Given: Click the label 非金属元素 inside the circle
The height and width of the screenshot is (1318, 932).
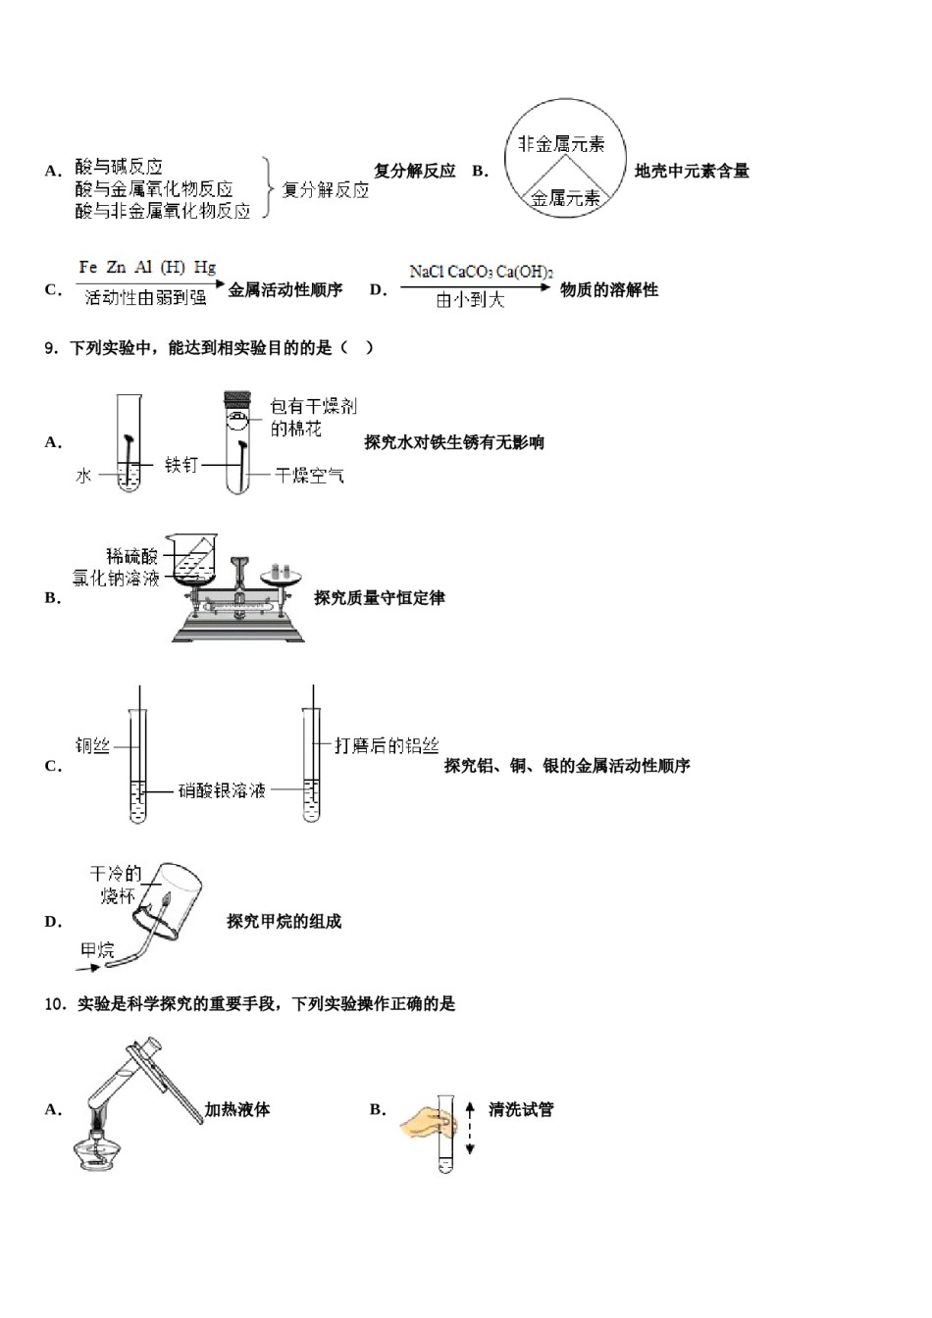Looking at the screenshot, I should pyautogui.click(x=561, y=144).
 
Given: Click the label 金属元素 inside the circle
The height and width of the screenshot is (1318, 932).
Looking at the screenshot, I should pyautogui.click(x=565, y=199).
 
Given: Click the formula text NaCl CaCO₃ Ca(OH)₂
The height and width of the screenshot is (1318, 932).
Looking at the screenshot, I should pyautogui.click(x=481, y=272).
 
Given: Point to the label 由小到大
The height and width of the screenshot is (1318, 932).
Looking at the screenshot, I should pyautogui.click(x=470, y=300).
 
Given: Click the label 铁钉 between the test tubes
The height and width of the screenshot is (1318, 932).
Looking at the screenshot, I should pyautogui.click(x=181, y=465).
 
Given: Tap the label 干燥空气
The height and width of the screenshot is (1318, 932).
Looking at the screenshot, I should pyautogui.click(x=309, y=476).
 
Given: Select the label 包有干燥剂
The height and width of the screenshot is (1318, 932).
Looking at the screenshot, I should pyautogui.click(x=313, y=406).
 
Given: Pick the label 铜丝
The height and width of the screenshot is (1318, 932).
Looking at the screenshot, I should pyautogui.click(x=92, y=746).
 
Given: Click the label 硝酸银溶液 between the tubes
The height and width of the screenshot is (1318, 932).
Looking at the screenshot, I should pyautogui.click(x=222, y=790).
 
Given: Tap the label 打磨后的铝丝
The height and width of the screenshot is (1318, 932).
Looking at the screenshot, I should pyautogui.click(x=387, y=746).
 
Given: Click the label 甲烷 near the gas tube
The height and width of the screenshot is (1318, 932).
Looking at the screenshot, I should pyautogui.click(x=97, y=949).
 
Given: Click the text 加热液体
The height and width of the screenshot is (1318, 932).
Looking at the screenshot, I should pyautogui.click(x=237, y=1110).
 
